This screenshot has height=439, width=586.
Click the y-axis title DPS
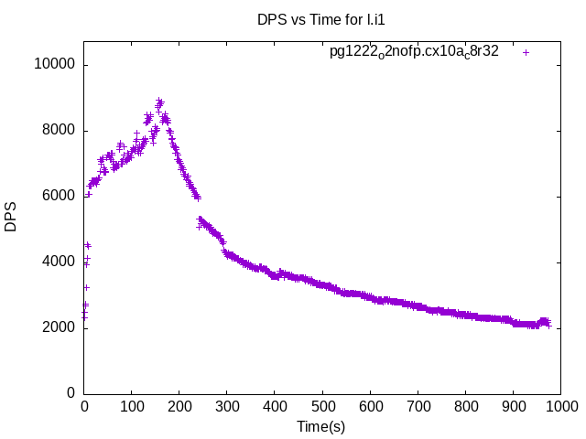coord(11,217)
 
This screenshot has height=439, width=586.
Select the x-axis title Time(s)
coord(321,426)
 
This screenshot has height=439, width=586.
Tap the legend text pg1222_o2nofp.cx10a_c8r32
coord(414,52)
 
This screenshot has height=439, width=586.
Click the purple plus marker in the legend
coord(526,52)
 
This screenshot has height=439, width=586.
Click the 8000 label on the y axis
coord(60,131)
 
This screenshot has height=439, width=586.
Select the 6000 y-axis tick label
coord(60,197)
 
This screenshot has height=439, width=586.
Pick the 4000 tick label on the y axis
coord(60,262)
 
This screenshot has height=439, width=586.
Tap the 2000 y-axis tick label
coord(60,327)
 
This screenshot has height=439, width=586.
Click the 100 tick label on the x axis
coord(132,406)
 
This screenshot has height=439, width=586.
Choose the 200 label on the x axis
coord(179,406)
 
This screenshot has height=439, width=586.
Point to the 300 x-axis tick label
coord(227,406)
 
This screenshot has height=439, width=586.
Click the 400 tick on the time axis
coord(275,406)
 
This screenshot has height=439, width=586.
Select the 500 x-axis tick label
coord(322,406)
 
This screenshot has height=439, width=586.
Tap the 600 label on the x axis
coord(370,406)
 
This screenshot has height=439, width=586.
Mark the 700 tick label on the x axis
coord(418,406)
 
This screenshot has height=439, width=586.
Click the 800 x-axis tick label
coord(465,406)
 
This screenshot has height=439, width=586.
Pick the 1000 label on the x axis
coord(560,406)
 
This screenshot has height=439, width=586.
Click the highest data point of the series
coord(159,101)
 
